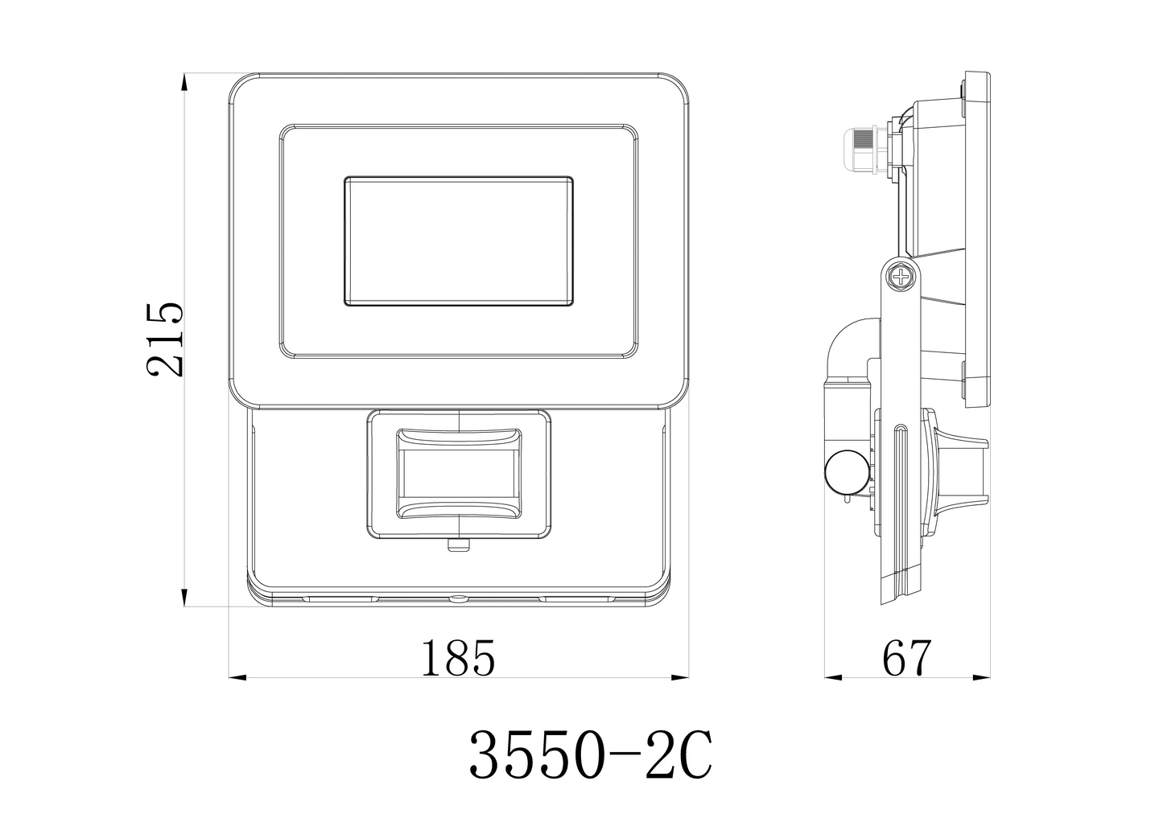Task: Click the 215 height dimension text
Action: coord(166,339)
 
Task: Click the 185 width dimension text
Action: coord(457,659)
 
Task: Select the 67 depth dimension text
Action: coord(906,659)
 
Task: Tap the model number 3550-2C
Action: coord(590,754)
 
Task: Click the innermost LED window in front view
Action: coord(459,241)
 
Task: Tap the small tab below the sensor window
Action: coord(458,546)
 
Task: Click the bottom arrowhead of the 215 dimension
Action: coord(185,599)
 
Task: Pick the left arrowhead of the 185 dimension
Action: coord(237,677)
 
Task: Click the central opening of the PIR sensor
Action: coord(458,475)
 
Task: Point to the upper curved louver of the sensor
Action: coord(458,438)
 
